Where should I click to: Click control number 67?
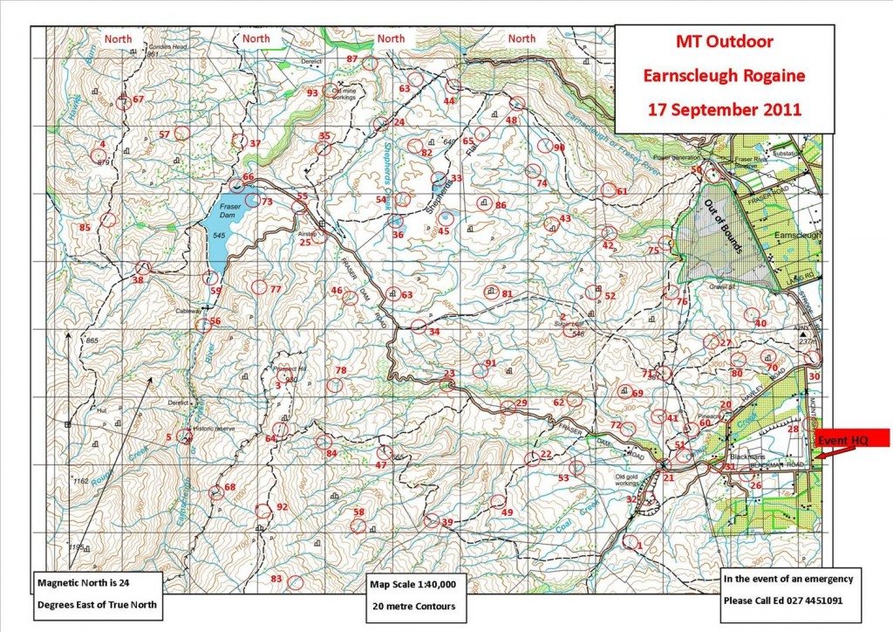tap(138, 100)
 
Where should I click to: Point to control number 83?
tap(277, 580)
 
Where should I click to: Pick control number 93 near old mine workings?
tap(312, 93)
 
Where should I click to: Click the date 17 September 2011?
tap(723, 111)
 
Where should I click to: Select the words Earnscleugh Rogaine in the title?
tap(723, 76)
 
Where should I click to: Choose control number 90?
tap(560, 148)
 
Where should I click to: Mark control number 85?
tap(85, 228)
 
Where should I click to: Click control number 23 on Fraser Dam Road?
tap(449, 374)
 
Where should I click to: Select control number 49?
tap(507, 512)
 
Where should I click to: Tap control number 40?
tap(760, 323)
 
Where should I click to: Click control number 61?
tap(622, 191)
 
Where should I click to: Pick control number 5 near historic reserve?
tap(168, 436)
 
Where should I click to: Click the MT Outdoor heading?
tap(723, 41)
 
